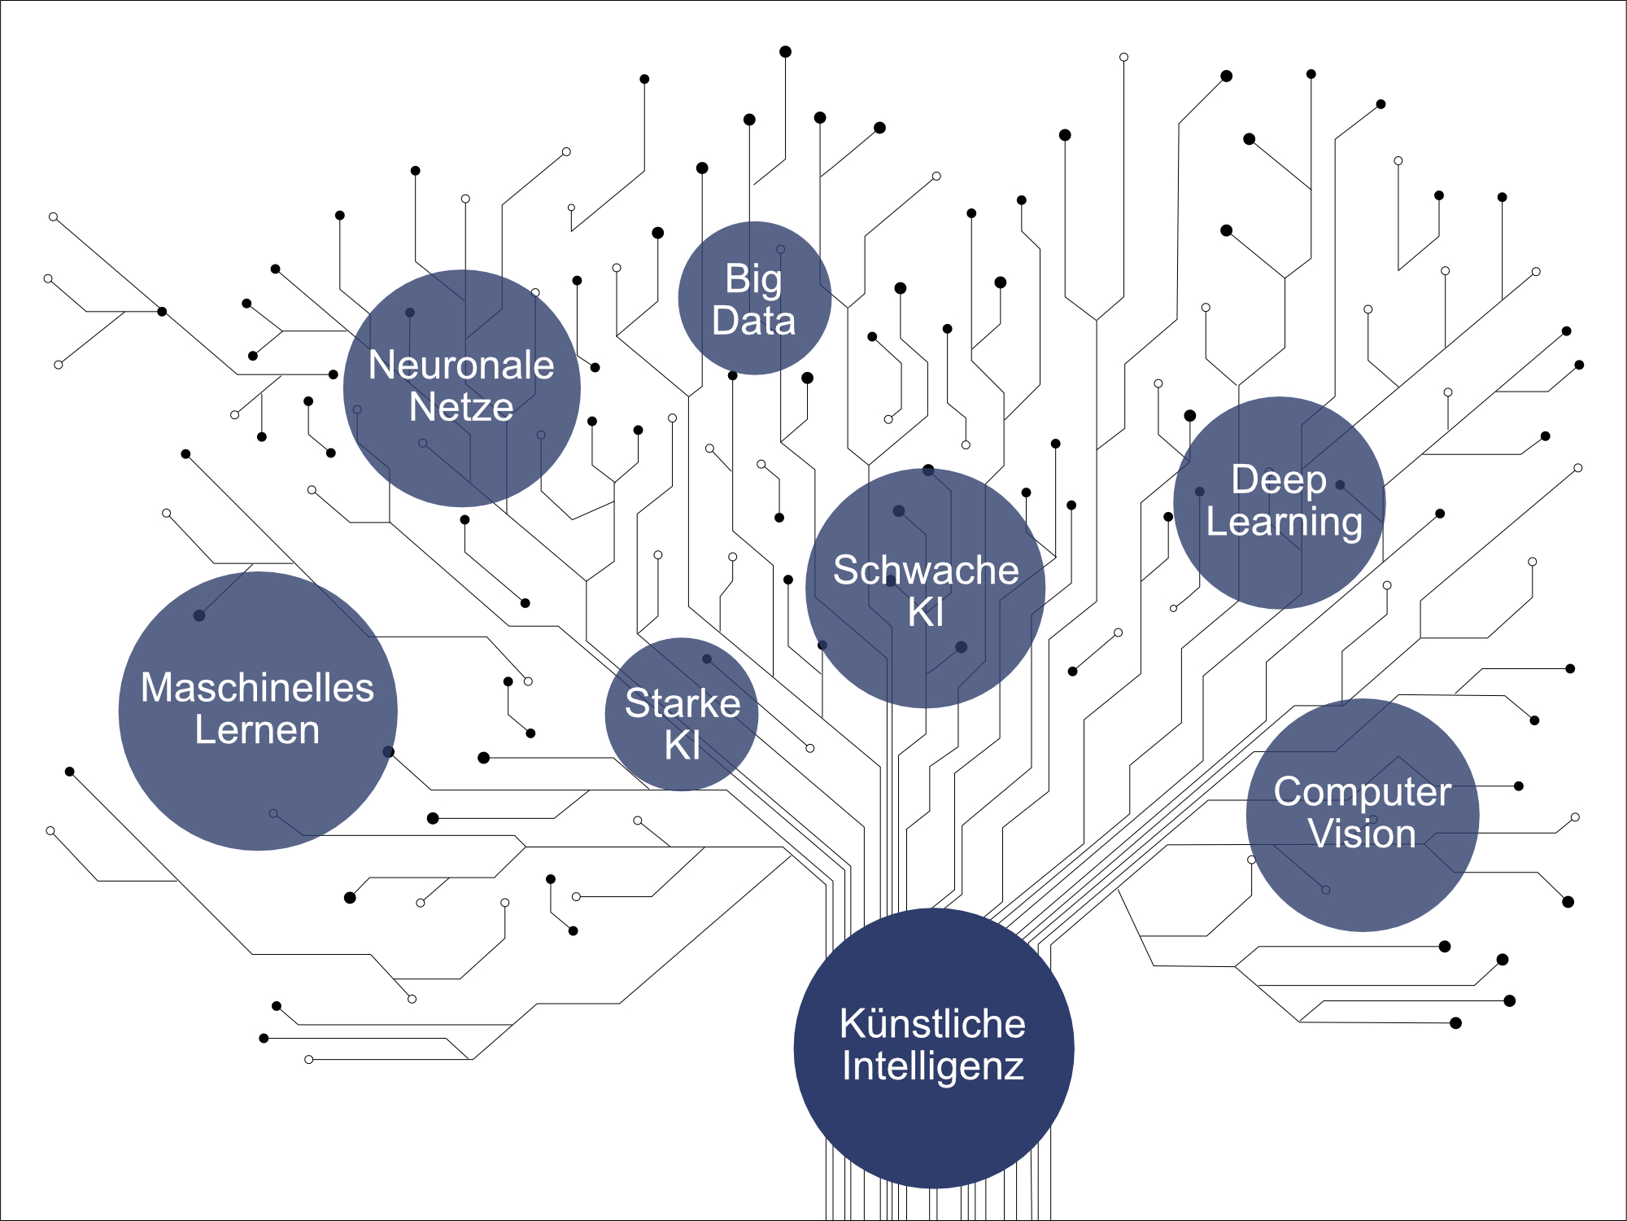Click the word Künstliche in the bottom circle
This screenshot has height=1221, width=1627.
pos(932,1024)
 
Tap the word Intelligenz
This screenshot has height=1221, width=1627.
pos(932,1067)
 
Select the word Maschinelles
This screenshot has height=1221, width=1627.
pos(257,688)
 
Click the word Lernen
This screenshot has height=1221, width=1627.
pos(257,730)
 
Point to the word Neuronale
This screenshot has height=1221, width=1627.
pos(461,365)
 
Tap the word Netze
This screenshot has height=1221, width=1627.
pos(461,407)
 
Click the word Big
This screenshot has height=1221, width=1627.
pos(753,280)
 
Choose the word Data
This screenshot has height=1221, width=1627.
pos(753,321)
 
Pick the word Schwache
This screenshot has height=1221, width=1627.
pos(926,570)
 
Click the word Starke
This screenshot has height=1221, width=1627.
pos(683,703)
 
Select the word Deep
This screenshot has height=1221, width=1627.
pos(1278,479)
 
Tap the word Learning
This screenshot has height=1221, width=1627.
pos(1284,522)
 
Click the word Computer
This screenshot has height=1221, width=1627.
pos(1363,792)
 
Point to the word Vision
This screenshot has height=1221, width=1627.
pos(1362,834)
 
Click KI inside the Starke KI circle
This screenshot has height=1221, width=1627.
pos(682,746)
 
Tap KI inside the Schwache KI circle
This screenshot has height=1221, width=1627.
pos(926,612)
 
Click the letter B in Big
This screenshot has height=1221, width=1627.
pos(735,279)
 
